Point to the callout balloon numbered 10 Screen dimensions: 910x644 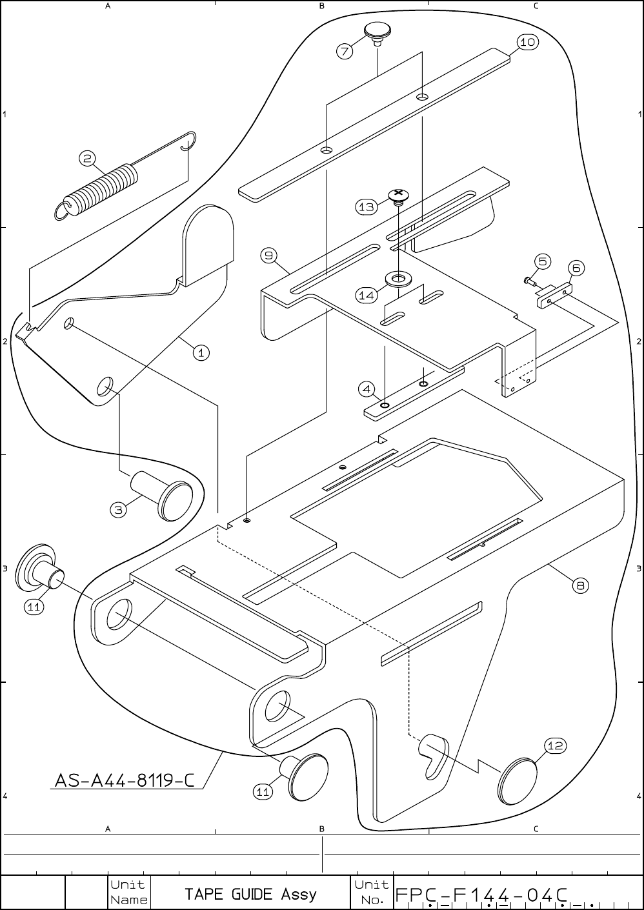(x=527, y=43)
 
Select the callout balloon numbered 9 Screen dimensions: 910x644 (x=269, y=256)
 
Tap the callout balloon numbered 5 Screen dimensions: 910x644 (x=543, y=261)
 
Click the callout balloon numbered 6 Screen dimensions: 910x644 (x=576, y=267)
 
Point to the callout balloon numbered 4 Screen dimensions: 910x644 (x=367, y=389)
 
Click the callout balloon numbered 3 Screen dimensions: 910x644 (x=118, y=510)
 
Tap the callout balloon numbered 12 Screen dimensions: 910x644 (x=556, y=745)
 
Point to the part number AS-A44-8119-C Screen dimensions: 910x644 (x=125, y=780)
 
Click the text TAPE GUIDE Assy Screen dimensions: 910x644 (x=250, y=894)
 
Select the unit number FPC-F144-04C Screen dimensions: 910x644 (x=481, y=895)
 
